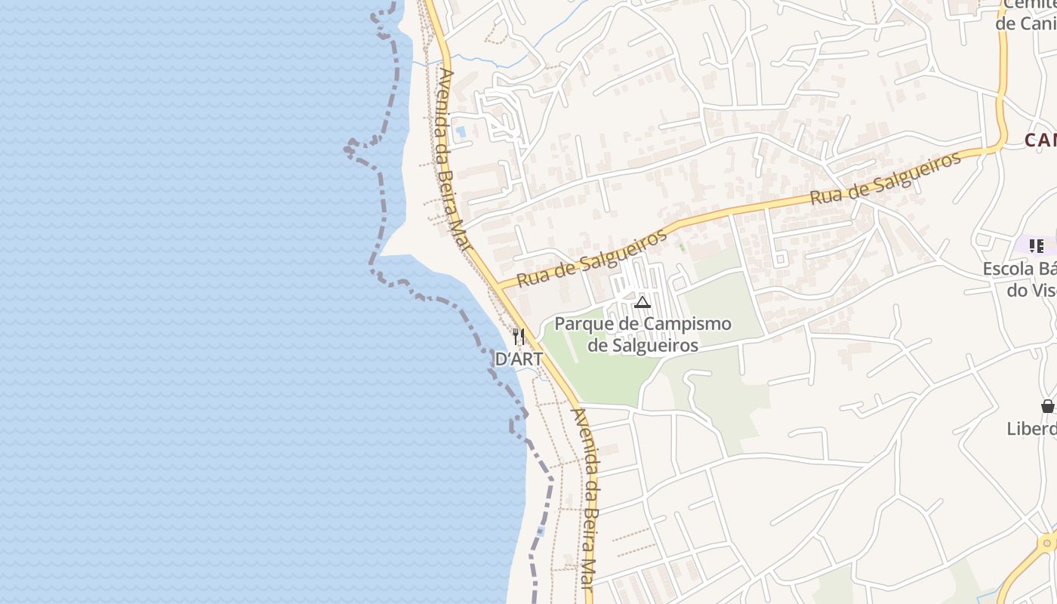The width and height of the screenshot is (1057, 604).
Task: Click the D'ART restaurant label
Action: pos(519,359)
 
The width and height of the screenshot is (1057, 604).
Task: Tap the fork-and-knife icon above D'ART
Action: pos(518,336)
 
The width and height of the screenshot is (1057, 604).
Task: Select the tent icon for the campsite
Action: pos(643,303)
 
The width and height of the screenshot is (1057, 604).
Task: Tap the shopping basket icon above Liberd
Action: pos(1048,406)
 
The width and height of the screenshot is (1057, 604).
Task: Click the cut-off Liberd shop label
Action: pos(1031,429)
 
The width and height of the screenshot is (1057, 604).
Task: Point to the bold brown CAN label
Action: pos(1040,140)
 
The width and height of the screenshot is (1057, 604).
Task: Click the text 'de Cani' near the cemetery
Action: pos(1025,23)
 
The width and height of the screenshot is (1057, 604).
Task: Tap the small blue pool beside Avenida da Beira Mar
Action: pos(461,131)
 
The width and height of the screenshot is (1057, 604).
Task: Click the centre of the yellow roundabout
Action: pos(1049,543)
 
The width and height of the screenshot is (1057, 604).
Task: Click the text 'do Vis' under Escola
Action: pos(1031,290)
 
